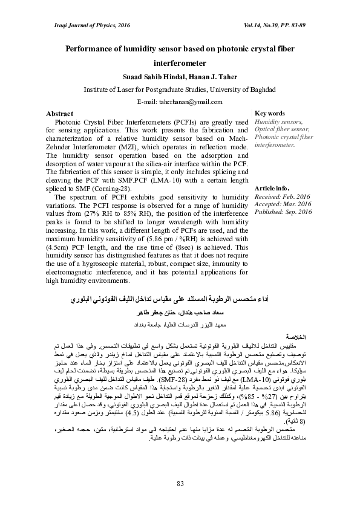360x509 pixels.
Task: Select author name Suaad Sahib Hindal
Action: click(x=148, y=76)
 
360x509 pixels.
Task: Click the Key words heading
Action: click(x=270, y=114)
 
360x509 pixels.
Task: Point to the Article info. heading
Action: click(x=272, y=189)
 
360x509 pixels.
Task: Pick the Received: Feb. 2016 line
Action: click(x=283, y=196)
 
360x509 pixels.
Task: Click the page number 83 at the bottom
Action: click(x=180, y=482)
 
